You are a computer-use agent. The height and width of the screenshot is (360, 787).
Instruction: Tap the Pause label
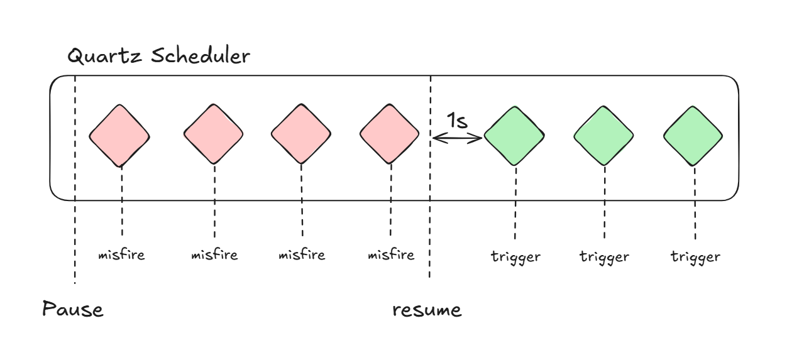(72, 309)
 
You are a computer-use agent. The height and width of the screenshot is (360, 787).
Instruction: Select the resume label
(427, 310)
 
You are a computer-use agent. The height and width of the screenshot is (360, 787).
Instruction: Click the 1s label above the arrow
(457, 121)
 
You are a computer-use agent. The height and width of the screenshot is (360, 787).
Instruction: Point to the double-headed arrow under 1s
(457, 138)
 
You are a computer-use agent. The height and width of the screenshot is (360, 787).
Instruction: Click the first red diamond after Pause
(119, 135)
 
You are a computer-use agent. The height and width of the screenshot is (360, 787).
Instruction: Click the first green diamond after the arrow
(515, 136)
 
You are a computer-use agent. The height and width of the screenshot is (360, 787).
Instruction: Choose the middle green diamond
(604, 136)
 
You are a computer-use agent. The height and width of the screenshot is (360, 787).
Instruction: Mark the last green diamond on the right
(693, 136)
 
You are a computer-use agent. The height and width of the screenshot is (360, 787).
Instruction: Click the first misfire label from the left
(121, 254)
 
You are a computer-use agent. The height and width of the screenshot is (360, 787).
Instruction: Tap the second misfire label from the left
(214, 254)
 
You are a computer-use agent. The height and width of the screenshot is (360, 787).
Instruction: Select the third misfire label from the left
(302, 254)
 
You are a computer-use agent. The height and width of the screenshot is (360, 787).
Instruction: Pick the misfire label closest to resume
(391, 254)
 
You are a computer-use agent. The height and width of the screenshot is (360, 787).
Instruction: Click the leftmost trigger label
(515, 256)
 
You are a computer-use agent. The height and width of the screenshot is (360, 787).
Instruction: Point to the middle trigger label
(604, 256)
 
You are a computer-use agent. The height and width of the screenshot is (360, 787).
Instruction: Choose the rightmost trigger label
(695, 256)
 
